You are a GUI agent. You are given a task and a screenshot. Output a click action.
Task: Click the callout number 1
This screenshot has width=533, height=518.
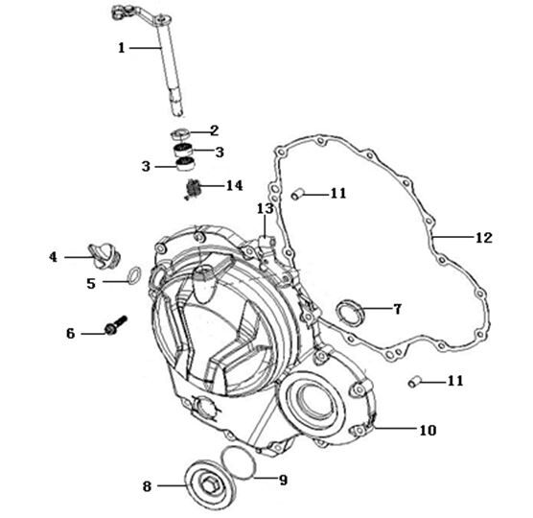click(122, 48)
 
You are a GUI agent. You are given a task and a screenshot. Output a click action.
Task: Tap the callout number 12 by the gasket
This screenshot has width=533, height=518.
click(484, 237)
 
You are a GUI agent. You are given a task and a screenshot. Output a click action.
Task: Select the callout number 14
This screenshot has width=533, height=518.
click(235, 186)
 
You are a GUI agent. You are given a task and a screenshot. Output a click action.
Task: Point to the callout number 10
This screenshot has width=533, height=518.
click(428, 431)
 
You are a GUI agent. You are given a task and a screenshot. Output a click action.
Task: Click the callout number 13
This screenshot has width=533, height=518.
click(265, 208)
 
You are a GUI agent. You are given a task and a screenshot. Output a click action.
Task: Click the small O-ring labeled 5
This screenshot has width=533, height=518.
click(134, 275)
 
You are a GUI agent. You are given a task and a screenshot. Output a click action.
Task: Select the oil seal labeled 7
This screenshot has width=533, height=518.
click(350, 312)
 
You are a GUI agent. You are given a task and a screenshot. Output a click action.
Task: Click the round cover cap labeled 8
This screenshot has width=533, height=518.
click(210, 483)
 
